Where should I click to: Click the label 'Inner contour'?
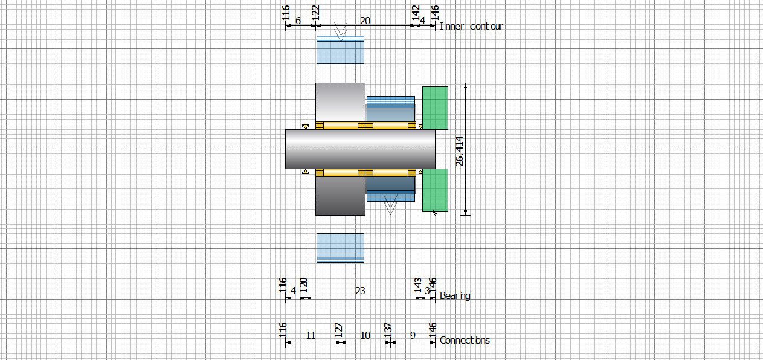[471, 26]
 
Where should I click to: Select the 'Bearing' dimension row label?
[455, 295]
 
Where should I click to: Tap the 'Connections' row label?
[465, 340]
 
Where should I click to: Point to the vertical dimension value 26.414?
[460, 152]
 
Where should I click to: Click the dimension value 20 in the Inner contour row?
[365, 21]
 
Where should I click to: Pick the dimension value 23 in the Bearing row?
[360, 291]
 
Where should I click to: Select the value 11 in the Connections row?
[311, 335]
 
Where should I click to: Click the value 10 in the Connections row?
[365, 335]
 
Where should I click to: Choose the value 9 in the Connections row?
[413, 335]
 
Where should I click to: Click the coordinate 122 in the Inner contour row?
[315, 12]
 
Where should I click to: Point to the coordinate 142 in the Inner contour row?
[416, 12]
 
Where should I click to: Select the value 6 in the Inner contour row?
[298, 21]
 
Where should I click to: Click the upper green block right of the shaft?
[435, 108]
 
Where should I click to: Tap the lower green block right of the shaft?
[435, 190]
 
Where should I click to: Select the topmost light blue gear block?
[340, 50]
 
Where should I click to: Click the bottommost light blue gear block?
[340, 248]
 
